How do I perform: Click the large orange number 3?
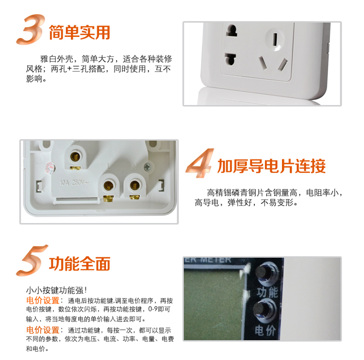click(x=30, y=29)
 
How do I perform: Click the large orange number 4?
click(x=199, y=163)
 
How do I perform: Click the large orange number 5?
click(x=32, y=260)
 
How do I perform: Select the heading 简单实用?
click(x=80, y=33)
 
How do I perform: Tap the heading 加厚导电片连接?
click(x=271, y=166)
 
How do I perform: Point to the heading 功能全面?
click(x=80, y=264)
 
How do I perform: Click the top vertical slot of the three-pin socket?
click(x=275, y=39)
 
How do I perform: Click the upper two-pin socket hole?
click(x=232, y=30)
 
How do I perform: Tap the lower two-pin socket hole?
click(x=230, y=59)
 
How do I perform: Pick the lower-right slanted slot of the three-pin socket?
click(x=282, y=65)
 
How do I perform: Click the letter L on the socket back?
click(x=109, y=167)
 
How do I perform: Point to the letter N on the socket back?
click(x=134, y=167)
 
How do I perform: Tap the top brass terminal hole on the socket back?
click(x=75, y=156)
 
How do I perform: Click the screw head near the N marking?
click(x=147, y=166)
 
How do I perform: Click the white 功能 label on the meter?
click(x=267, y=292)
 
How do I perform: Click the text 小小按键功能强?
click(x=56, y=290)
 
